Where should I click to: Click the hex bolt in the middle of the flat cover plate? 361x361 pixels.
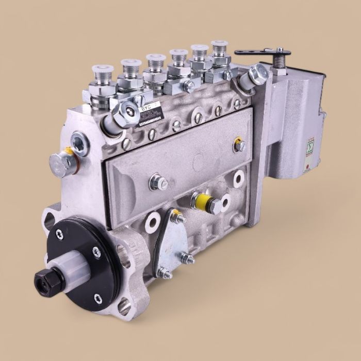point(158,182)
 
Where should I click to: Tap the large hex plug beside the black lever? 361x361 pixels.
point(257,75)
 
